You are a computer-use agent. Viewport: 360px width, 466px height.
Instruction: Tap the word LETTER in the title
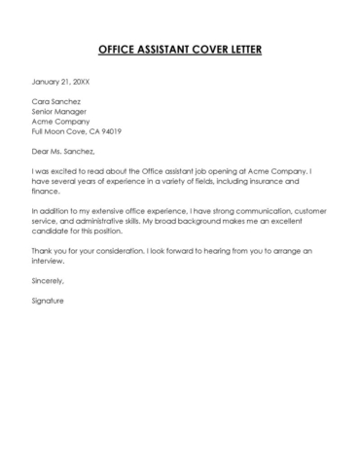[243, 49]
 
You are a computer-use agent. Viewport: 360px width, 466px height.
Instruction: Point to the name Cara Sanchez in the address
[56, 100]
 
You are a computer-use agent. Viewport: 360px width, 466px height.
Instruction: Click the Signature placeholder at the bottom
[48, 302]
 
